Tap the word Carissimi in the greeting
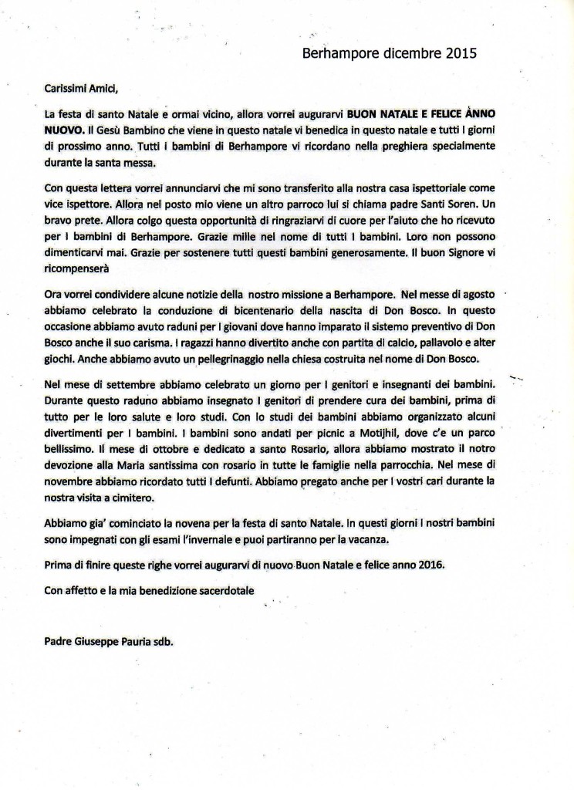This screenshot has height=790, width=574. (69, 88)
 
